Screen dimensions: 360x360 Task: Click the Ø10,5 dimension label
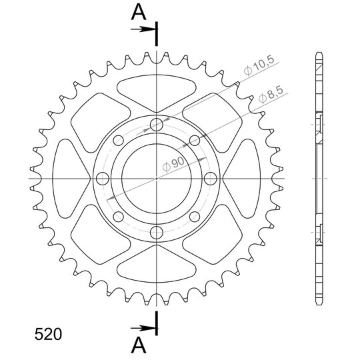259,65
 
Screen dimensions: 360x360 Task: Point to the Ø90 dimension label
173,164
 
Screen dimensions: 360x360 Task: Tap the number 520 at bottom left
48,334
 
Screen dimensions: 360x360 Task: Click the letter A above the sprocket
139,13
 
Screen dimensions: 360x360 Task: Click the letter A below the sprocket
139,345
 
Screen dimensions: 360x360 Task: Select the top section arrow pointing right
143,29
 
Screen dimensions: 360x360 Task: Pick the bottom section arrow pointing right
143,328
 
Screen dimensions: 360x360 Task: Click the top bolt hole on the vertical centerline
157,125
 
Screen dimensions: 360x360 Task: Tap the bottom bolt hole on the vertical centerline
157,233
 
